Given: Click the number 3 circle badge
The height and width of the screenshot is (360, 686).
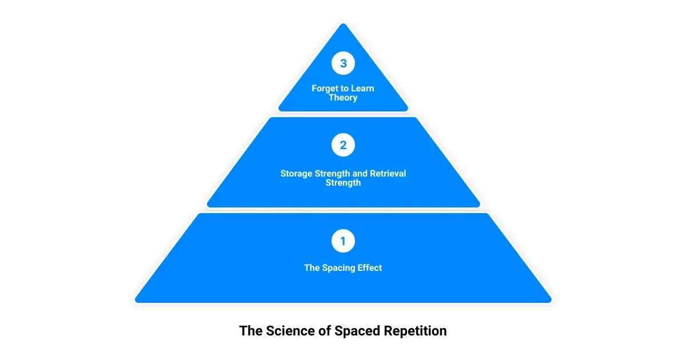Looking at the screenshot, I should point(343,63).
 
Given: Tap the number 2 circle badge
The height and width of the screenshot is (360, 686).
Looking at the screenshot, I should point(343,145).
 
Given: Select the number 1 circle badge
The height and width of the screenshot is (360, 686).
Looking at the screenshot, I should point(343,241).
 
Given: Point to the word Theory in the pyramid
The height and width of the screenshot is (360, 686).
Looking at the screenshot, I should point(343,98).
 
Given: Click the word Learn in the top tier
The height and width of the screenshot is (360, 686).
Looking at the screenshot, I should point(362,89).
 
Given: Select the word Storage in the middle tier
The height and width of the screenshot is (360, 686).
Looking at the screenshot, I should point(297,174).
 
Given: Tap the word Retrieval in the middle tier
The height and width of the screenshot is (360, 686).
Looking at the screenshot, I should point(385,174).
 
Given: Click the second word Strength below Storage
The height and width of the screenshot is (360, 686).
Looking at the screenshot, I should point(343,183).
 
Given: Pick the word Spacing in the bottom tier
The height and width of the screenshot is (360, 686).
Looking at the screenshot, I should point(338,267).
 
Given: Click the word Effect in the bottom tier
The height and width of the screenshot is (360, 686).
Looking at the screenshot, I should point(369,267).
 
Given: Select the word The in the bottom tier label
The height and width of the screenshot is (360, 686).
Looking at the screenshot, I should point(312,267).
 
